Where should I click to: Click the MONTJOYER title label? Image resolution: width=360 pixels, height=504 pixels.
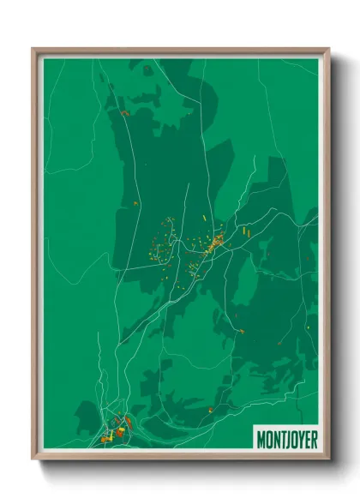click(285, 439)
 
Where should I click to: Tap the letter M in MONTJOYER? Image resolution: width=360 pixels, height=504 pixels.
click(261, 439)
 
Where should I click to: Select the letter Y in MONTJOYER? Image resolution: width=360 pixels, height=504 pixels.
click(298, 439)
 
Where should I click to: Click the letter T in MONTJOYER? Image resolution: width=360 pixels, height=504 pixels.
click(279, 439)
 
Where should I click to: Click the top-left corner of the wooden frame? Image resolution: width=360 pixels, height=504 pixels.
click(33, 49)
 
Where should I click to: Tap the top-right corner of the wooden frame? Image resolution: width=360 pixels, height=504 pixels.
click(328, 49)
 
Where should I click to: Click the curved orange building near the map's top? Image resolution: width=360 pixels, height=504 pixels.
click(124, 112)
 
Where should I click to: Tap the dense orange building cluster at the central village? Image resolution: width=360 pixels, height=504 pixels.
click(216, 243)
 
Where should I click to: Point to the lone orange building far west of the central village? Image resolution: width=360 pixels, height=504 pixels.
click(135, 202)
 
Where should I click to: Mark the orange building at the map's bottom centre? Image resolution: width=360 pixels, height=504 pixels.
click(209, 410)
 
